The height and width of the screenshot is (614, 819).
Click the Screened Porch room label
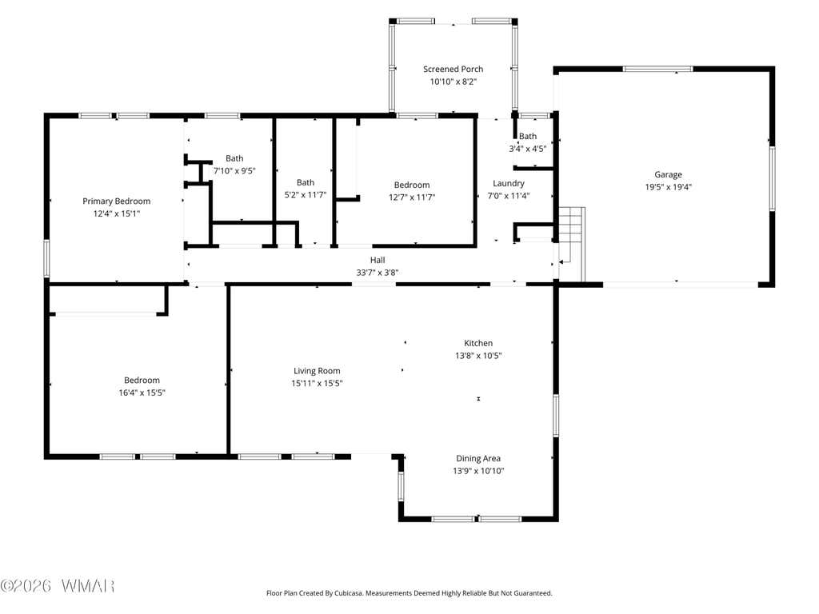453,69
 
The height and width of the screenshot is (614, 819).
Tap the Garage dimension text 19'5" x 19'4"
668,187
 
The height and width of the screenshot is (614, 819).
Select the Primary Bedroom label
117,201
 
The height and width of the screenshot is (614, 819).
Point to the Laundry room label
508,183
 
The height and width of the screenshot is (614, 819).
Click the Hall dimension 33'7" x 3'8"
378,273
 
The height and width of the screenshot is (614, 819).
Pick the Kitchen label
478,343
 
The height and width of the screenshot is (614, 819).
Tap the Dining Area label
478,458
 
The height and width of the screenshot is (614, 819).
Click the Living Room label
317,371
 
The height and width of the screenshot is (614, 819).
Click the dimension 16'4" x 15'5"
142,393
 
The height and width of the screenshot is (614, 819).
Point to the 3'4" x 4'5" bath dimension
528,149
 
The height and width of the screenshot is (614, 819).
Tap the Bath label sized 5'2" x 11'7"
306,182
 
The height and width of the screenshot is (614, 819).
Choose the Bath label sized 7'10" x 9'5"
234,158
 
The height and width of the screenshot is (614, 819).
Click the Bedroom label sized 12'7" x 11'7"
412,185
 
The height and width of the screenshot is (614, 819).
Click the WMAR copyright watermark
58,586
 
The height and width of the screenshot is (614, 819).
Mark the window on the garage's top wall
658,69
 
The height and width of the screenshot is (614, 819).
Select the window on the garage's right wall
772,178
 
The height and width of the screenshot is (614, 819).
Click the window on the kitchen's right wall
556,415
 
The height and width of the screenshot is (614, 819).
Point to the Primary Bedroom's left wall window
46,258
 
